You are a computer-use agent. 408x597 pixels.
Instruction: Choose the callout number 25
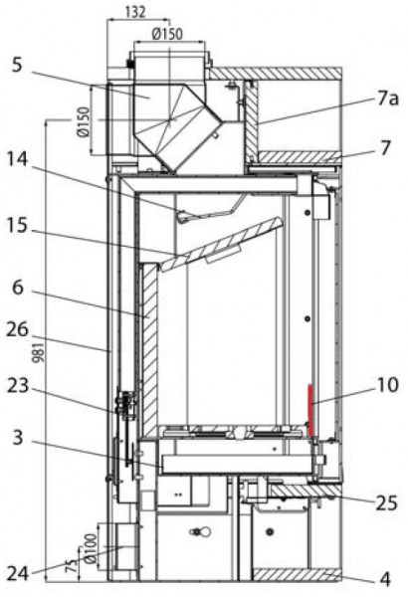386,503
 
